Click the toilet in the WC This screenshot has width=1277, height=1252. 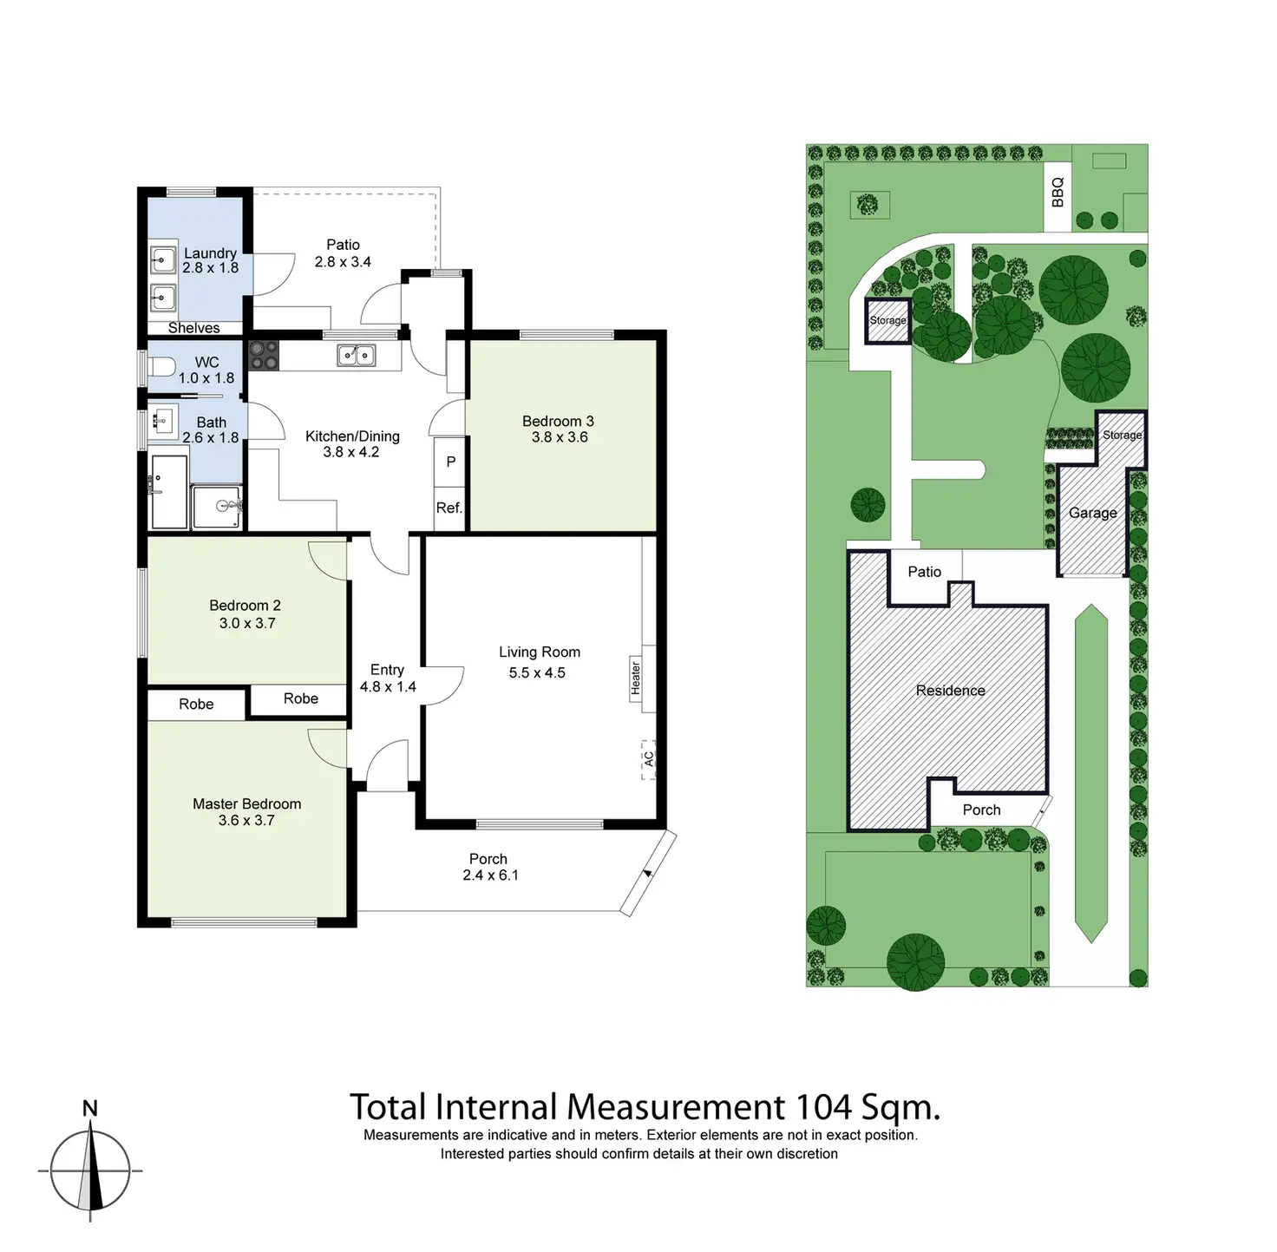pos(161,366)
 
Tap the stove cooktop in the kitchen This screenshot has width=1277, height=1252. pos(264,355)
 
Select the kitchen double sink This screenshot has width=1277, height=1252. pos(356,355)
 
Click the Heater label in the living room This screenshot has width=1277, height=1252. pos(636,678)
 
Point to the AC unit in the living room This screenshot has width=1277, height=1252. pos(648,759)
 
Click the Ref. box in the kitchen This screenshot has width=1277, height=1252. pos(449,508)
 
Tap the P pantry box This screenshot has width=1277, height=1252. pos(450,462)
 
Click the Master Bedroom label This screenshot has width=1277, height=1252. pos(246,804)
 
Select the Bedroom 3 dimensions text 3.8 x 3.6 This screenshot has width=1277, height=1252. pos(560,437)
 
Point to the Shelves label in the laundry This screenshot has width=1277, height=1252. pos(193,328)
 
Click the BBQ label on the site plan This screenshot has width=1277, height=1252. pos(1058,192)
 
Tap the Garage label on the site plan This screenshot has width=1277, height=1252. pos(1093,513)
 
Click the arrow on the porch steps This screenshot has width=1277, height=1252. pos(648,873)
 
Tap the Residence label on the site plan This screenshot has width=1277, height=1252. pos(950,691)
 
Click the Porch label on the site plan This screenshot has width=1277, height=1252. pos(981,810)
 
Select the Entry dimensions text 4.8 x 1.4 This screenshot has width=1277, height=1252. pos(388,687)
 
